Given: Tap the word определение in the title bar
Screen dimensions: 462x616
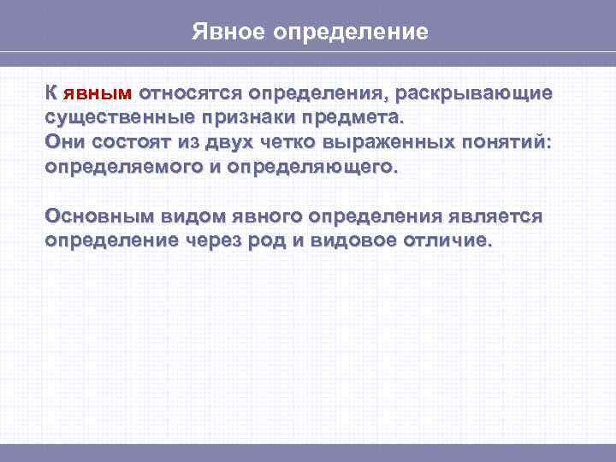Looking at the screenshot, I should coord(351,33).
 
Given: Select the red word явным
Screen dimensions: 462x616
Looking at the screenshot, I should coord(97,92).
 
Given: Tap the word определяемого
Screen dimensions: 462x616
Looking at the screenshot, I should coord(124,166).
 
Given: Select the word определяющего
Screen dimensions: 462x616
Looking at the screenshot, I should coord(317,166).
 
